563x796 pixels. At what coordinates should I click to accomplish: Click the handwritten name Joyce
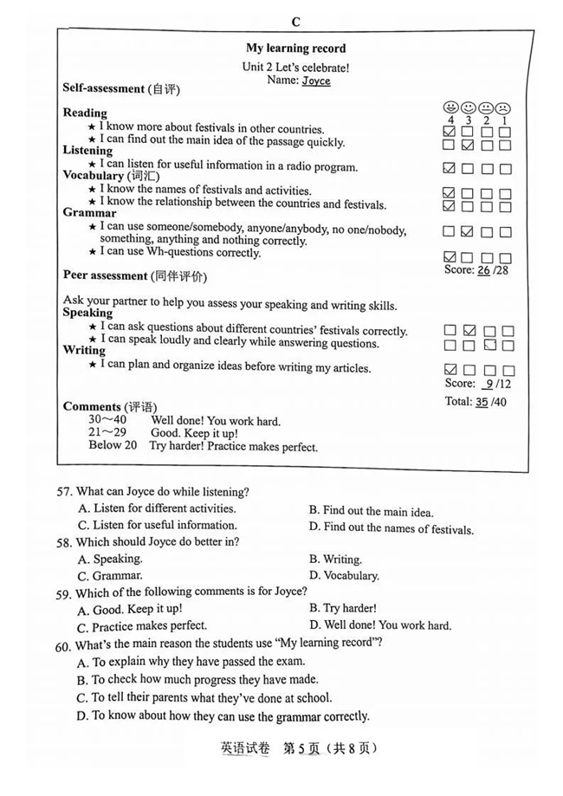point(316,81)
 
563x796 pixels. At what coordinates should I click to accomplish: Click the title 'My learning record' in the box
point(295,49)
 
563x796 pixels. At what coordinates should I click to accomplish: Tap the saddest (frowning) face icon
point(503,108)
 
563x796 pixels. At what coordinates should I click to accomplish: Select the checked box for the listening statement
point(449,167)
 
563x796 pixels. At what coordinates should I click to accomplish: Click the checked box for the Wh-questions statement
point(449,257)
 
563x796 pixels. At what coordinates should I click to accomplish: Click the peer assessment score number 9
point(489,383)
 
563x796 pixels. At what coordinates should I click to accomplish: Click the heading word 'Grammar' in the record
point(89,212)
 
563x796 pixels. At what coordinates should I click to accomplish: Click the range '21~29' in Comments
point(107,433)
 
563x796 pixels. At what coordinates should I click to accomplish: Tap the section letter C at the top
point(295,22)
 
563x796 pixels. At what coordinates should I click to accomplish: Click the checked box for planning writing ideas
point(449,369)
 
